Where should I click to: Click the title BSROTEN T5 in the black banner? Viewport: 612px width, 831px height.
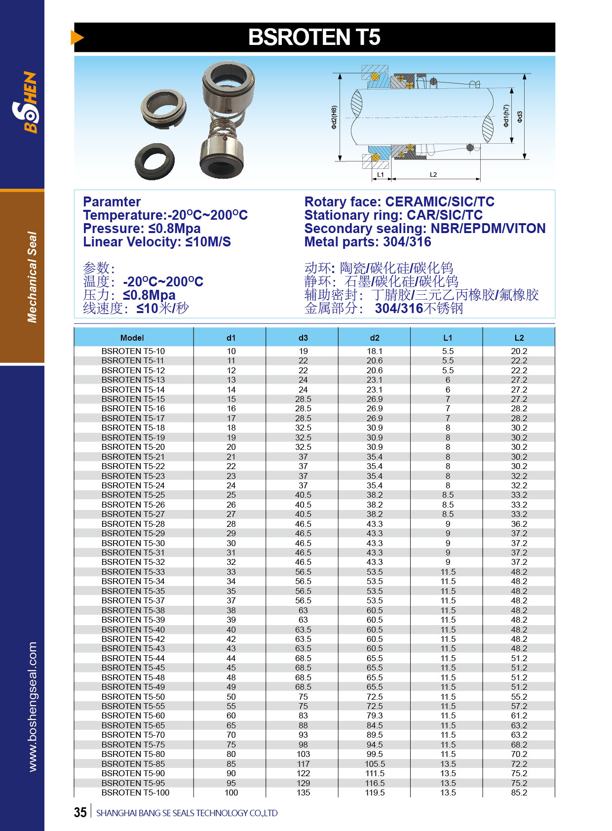tap(314, 38)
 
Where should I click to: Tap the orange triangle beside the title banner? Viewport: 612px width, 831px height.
tap(77, 38)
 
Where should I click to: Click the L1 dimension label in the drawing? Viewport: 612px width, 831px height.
tap(381, 175)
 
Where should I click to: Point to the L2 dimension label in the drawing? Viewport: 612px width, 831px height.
tap(433, 175)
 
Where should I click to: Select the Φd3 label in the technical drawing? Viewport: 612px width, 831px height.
tap(520, 117)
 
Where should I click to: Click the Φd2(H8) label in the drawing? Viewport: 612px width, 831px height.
tap(334, 118)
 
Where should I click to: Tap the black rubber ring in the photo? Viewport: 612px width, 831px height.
tap(154, 161)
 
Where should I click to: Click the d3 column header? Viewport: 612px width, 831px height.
tap(303, 338)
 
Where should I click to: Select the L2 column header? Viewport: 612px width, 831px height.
tap(519, 338)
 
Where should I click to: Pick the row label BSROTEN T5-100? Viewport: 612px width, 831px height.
tap(135, 792)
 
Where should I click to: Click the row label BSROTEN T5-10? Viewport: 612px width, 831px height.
tap(133, 351)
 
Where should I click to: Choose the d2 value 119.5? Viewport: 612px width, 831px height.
tap(375, 792)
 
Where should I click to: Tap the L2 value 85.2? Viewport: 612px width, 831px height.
tap(519, 792)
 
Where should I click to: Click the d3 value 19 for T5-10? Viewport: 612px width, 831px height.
tap(303, 351)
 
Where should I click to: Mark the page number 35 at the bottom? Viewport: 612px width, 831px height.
tap(80, 813)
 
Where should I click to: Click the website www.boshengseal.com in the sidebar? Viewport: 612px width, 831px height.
tap(33, 707)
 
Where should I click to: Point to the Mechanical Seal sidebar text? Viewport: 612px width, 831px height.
tap(33, 277)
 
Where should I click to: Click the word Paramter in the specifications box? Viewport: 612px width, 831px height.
tap(112, 202)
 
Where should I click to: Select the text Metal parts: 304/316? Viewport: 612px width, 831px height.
tap(368, 242)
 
